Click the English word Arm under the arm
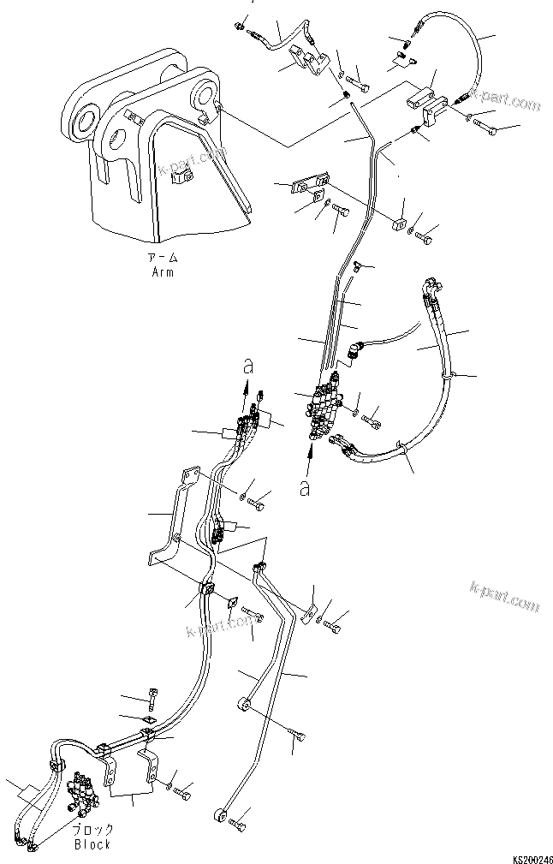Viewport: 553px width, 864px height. (163, 272)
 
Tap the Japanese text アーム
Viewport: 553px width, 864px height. (163, 259)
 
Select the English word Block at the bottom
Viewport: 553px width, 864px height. (92, 844)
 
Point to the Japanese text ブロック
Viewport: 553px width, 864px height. (92, 831)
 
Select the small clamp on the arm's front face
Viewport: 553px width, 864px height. (179, 178)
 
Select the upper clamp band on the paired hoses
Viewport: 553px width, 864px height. (449, 375)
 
